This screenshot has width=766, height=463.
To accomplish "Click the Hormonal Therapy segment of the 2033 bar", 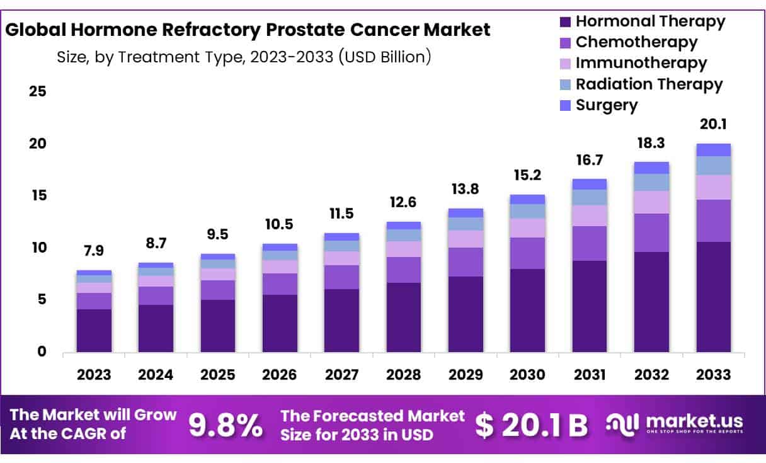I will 713,297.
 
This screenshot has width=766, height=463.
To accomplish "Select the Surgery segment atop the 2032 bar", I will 651,168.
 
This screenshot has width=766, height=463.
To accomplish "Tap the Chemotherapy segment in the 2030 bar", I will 527,253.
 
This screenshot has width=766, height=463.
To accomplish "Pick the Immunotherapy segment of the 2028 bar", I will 404,249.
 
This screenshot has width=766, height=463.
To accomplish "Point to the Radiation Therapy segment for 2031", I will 590,197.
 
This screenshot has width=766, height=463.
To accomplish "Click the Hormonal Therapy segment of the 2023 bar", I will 94,330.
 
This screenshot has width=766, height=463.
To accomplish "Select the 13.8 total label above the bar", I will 466,190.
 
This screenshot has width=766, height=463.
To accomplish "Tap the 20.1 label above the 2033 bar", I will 713,124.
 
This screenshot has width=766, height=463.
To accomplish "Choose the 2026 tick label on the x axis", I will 280,375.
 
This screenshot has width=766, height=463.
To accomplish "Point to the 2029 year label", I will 466,375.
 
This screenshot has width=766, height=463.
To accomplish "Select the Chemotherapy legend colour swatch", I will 565,43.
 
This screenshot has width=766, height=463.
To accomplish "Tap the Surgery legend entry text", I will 607,105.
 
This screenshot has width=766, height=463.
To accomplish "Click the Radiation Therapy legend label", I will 649,84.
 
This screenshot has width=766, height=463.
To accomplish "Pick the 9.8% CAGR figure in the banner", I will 226,425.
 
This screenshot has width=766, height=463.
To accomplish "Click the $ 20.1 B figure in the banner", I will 530,425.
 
